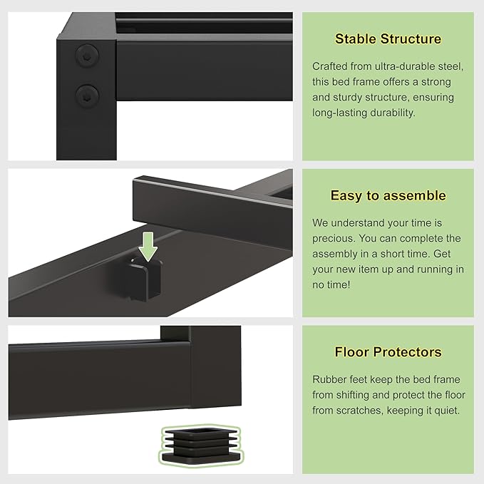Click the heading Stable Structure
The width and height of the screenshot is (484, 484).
pos(388,39)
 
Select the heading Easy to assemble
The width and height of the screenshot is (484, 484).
pos(388,195)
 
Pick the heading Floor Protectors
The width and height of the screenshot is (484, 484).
pos(388,352)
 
